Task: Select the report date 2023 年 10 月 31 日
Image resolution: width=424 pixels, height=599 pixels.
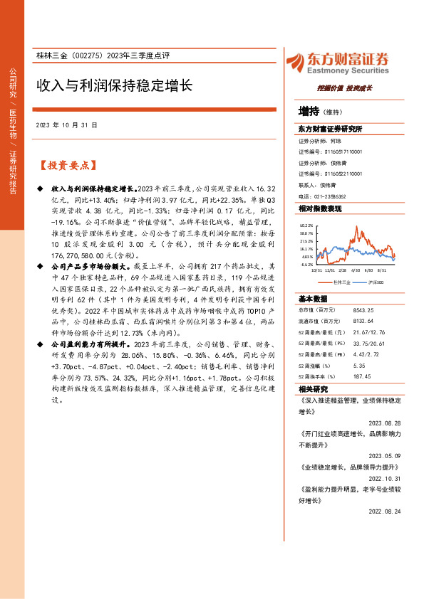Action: coord(66,124)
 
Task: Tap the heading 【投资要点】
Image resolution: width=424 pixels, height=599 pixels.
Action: coord(66,166)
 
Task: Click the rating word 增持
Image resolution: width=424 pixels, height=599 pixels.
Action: coord(309,111)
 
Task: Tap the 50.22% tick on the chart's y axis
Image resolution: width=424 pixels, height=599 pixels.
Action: coord(306,226)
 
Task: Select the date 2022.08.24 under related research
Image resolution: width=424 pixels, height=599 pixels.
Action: coord(386,511)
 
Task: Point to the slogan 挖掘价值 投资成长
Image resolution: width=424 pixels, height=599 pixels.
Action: coord(344,89)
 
